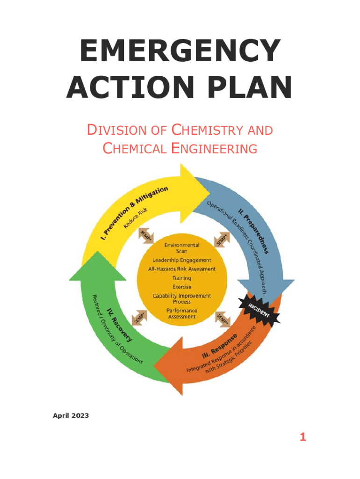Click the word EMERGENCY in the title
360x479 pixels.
(x=179, y=51)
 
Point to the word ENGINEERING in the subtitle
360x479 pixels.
(x=209, y=149)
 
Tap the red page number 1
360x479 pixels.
(x=303, y=437)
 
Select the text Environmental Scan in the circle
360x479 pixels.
(x=182, y=248)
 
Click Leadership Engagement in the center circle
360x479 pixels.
(x=182, y=260)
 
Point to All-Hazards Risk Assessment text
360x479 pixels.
(x=182, y=269)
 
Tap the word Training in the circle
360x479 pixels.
(x=182, y=278)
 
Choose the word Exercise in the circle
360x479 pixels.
(x=182, y=287)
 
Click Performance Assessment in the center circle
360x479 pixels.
(x=182, y=313)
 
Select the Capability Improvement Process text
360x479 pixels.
(x=182, y=298)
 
